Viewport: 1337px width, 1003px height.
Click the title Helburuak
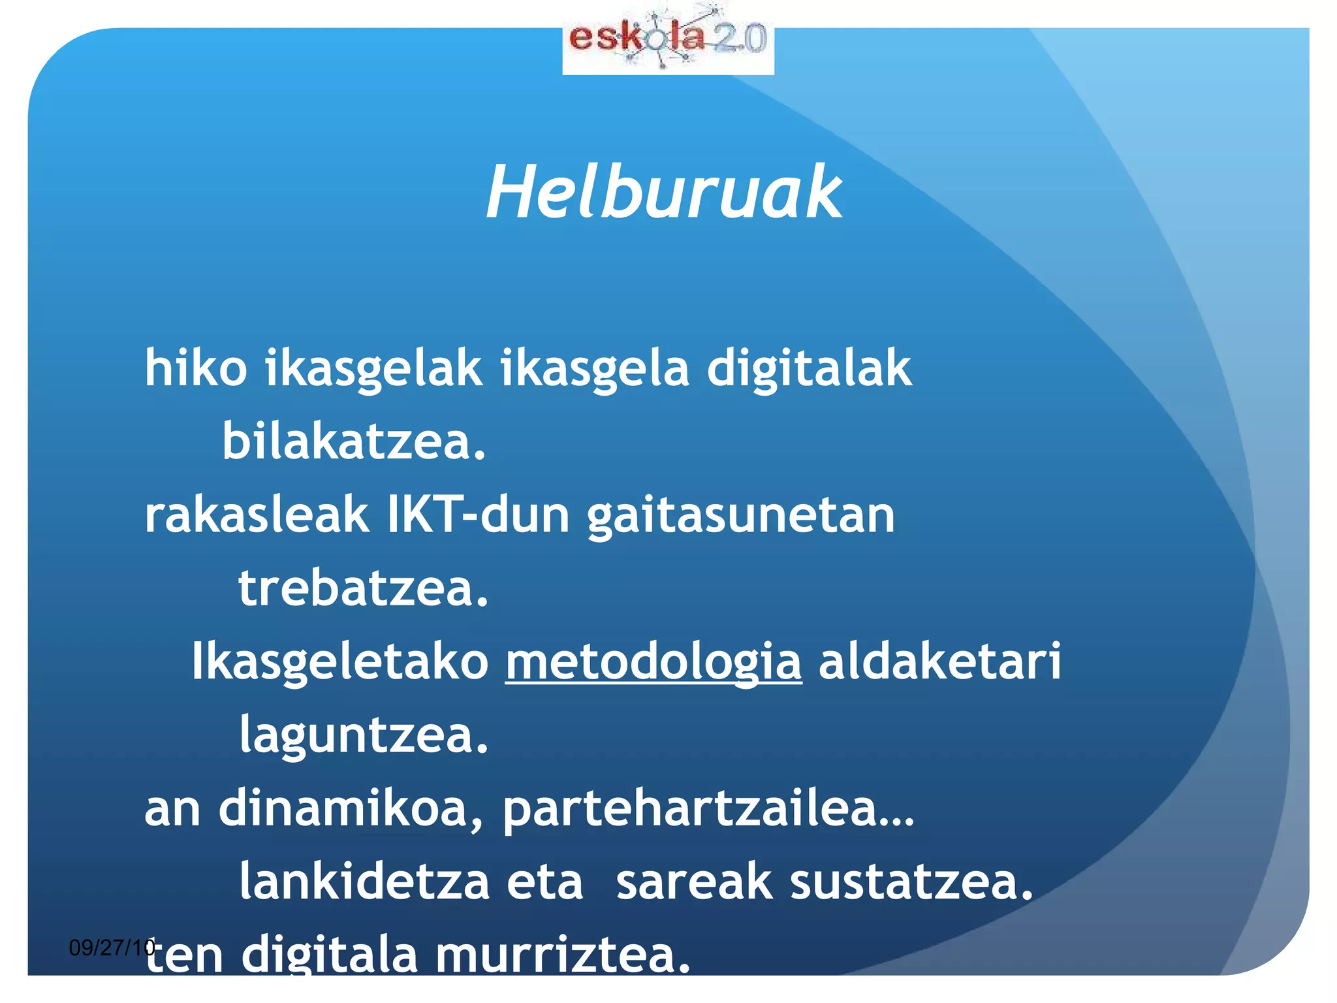click(664, 193)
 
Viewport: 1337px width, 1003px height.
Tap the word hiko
click(196, 368)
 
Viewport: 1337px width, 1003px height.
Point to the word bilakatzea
click(354, 441)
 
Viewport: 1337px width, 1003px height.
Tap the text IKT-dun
click(479, 515)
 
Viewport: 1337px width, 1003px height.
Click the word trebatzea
click(363, 588)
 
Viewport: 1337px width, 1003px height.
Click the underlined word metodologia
click(653, 662)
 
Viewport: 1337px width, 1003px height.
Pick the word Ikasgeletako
click(340, 662)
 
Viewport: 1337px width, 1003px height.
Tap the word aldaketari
click(939, 661)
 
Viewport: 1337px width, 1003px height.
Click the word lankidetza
click(364, 882)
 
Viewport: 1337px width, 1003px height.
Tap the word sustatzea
click(911, 882)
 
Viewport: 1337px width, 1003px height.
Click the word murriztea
click(562, 955)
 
